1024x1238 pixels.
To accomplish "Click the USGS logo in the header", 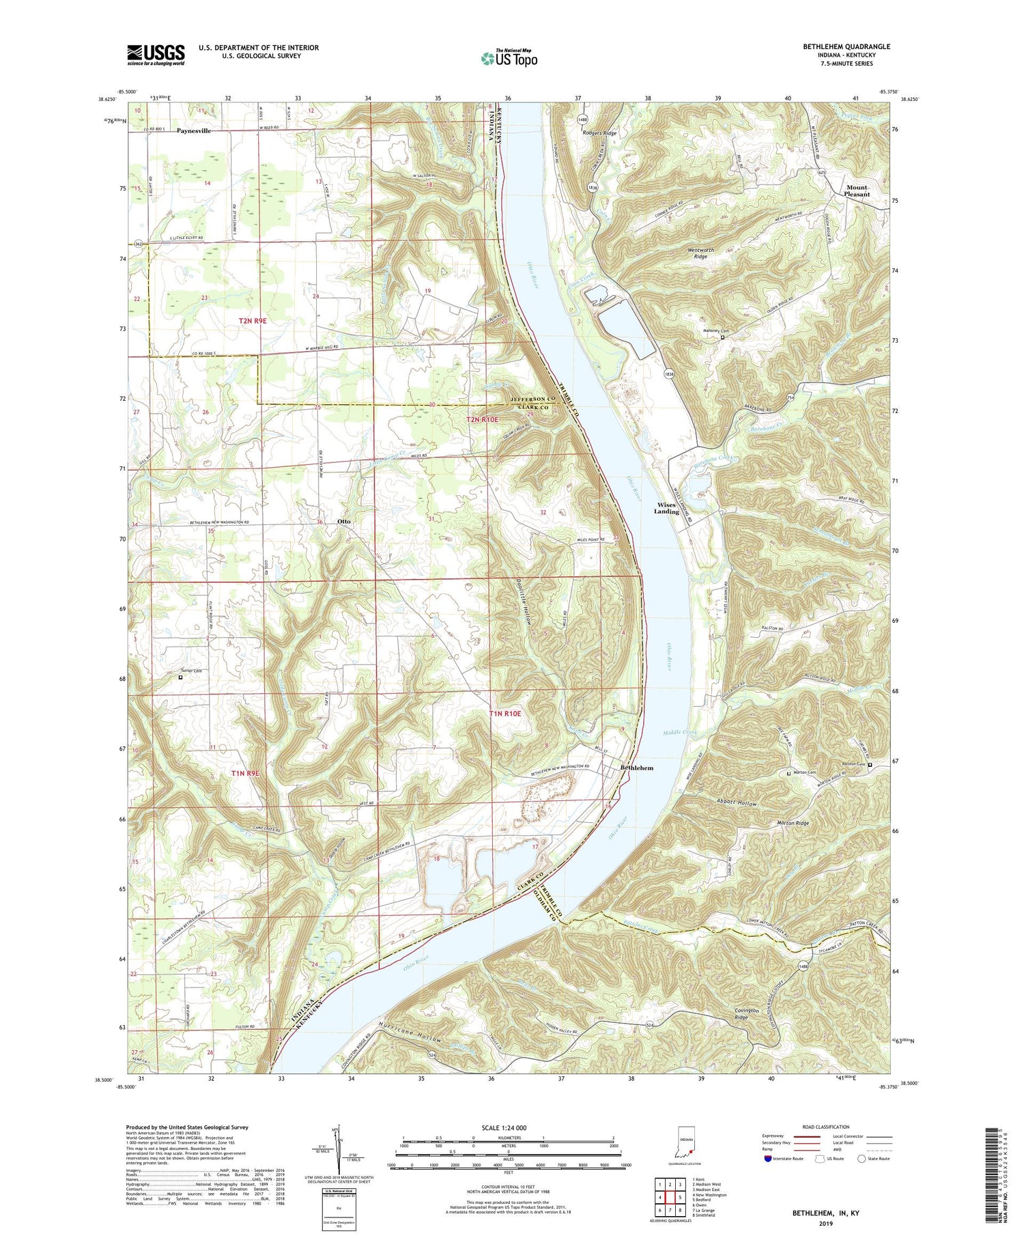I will coord(156,55).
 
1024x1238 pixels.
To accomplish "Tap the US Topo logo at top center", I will coord(509,58).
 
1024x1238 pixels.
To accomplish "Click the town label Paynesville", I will coord(194,130).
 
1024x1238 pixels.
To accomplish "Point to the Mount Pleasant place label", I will coord(857,191).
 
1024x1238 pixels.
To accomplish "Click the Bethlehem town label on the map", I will coord(636,768).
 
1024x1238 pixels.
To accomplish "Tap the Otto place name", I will coord(344,521).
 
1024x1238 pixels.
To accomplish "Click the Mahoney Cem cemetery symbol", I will coord(723,337).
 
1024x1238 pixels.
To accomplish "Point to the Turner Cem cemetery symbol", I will coord(180,678).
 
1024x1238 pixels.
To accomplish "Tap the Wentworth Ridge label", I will coord(700,253).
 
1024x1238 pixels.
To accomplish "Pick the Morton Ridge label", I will coord(793,824).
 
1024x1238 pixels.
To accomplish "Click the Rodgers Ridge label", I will coord(599,133).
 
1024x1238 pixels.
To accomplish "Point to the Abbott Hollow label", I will coord(737,804).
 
